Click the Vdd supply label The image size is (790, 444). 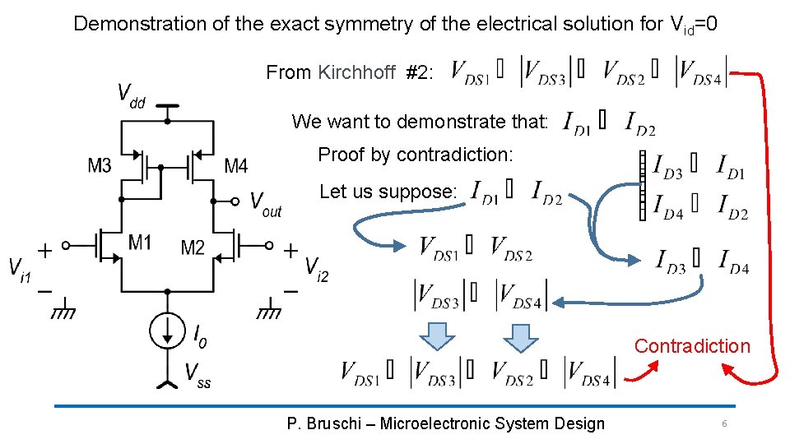pos(131,95)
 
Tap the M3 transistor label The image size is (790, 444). pos(100,166)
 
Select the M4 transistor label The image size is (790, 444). pos(235,166)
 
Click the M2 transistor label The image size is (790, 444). pos(193,247)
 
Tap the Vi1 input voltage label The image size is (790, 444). pos(20,268)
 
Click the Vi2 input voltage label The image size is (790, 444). pos(316,266)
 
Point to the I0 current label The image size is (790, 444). pos(199,334)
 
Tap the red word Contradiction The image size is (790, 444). pos(692,346)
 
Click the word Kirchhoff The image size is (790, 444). pos(356,72)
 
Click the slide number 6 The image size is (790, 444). pos(724,423)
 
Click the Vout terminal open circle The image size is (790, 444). pos(236,200)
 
